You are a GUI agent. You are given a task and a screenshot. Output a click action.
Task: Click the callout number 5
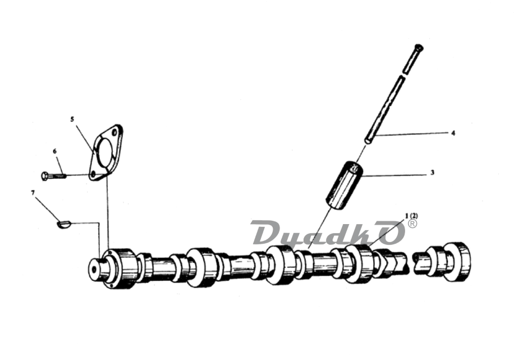(72, 119)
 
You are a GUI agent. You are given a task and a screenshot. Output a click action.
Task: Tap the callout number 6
(55, 151)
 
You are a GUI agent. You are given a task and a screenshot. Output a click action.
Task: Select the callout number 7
(33, 193)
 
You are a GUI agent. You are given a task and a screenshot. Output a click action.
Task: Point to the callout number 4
(453, 133)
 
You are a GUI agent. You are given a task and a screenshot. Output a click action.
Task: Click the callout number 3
(433, 172)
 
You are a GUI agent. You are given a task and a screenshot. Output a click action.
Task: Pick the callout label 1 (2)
(411, 216)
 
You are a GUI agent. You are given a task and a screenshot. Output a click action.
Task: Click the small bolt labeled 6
(54, 176)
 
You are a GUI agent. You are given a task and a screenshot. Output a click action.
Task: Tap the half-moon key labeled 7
(63, 224)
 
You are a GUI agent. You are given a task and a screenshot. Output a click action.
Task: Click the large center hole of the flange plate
(105, 153)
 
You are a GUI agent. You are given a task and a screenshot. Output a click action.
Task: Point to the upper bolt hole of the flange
(114, 133)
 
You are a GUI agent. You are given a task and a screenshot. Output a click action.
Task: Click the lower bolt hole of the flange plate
(93, 174)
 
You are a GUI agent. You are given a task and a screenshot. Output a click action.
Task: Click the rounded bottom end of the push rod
(368, 140)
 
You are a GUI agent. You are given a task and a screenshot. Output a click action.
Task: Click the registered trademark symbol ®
(412, 224)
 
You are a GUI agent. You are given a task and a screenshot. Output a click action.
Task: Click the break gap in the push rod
(402, 75)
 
